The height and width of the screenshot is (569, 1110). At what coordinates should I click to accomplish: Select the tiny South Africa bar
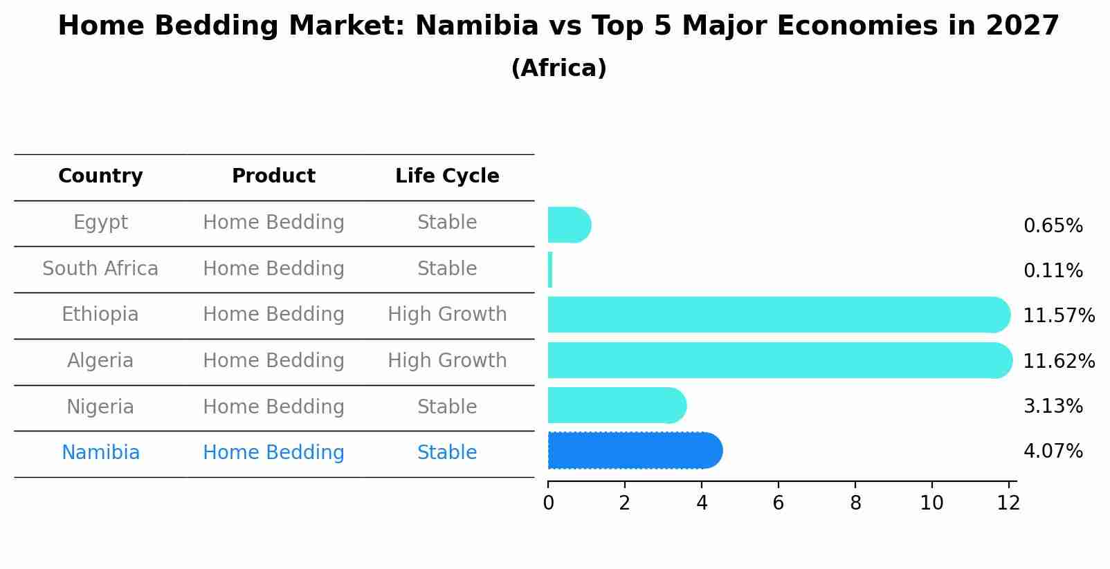pyautogui.click(x=550, y=270)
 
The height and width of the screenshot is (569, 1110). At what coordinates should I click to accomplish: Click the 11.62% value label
pyautogui.click(x=1059, y=362)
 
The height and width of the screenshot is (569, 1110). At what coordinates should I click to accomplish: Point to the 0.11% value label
pyautogui.click(x=1053, y=271)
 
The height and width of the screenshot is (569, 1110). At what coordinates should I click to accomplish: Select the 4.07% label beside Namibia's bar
pyautogui.click(x=1053, y=451)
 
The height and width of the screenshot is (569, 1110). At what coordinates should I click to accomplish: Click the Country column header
pyautogui.click(x=100, y=176)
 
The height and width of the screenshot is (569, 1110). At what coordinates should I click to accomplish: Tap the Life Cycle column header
pyautogui.click(x=447, y=176)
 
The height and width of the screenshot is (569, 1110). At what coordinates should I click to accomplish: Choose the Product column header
pyautogui.click(x=273, y=176)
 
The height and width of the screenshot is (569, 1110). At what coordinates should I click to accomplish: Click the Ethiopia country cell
pyautogui.click(x=100, y=315)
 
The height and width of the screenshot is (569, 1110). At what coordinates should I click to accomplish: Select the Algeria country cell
pyautogui.click(x=100, y=361)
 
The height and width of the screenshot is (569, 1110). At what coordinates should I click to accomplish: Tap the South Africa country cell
pyautogui.click(x=100, y=269)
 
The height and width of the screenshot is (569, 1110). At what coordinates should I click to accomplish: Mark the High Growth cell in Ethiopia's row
pyautogui.click(x=447, y=315)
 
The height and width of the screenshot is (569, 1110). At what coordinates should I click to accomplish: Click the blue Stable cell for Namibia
pyautogui.click(x=447, y=453)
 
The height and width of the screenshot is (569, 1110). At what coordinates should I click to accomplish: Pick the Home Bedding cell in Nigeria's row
pyautogui.click(x=273, y=407)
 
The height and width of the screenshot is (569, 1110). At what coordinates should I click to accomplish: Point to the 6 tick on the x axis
pyautogui.click(x=779, y=503)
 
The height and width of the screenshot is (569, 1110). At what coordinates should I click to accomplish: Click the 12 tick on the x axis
pyautogui.click(x=1008, y=503)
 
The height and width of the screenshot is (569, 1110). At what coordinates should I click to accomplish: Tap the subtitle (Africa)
pyautogui.click(x=558, y=68)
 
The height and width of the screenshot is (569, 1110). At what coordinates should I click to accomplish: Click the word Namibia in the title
pyautogui.click(x=476, y=26)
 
